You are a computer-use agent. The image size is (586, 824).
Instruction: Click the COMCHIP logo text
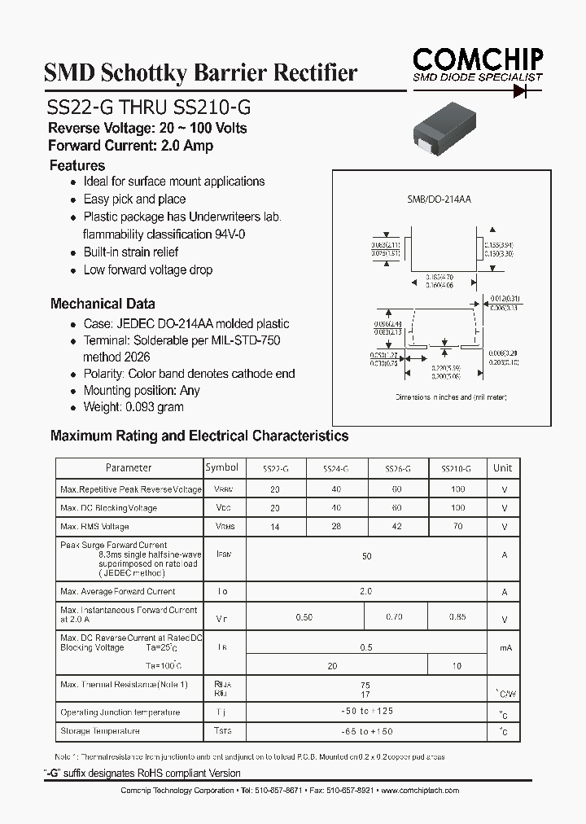point(477,59)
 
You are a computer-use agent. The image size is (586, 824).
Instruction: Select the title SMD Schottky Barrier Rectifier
point(200,73)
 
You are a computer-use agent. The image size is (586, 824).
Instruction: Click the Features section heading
point(77,165)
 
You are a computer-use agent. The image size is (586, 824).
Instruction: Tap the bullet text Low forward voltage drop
point(147,270)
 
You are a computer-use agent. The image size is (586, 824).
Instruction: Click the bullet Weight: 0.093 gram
point(133,406)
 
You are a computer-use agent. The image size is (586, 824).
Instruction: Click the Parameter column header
point(129,468)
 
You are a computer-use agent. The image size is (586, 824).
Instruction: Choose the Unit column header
point(502,468)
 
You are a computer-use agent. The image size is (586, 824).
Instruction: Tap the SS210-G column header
point(456,469)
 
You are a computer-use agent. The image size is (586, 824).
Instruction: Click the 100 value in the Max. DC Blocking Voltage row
point(457,508)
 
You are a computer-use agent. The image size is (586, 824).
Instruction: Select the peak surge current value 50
point(366,555)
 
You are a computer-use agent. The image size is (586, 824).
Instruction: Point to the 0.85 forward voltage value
point(457,617)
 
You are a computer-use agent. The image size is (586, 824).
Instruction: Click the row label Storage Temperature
point(100,731)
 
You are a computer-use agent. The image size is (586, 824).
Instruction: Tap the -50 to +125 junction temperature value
point(366,712)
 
